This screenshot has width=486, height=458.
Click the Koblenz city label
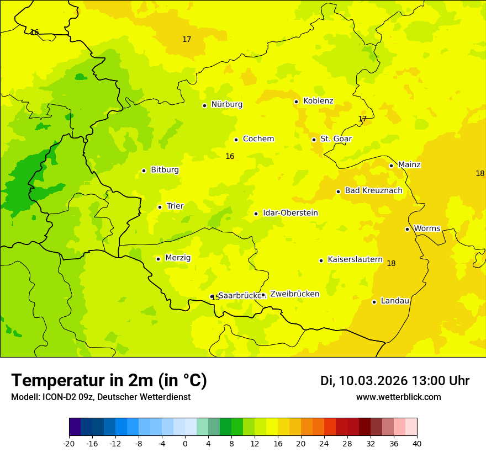point(318,101)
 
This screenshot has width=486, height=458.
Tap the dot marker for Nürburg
point(204,105)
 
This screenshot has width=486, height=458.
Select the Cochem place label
point(258,139)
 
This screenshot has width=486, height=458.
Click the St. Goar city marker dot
point(314,140)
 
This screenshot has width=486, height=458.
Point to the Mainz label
point(409,165)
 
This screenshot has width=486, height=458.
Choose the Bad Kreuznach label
point(373,191)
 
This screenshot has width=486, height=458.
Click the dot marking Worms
point(407,229)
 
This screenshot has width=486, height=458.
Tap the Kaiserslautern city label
point(355,259)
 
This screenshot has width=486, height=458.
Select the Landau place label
point(395,301)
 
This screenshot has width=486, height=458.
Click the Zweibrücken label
point(294,294)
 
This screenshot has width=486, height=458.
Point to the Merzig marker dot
point(158,259)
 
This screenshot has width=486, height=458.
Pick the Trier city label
point(175,206)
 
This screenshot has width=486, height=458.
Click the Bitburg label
point(165,170)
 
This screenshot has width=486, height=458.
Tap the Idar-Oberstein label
point(290,213)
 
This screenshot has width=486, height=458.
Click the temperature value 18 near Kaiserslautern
point(391,264)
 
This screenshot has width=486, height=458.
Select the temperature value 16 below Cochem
point(230,157)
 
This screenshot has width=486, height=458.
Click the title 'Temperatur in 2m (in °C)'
point(109,381)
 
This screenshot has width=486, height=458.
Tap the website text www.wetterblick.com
point(398,397)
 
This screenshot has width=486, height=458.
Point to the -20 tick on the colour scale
point(69,443)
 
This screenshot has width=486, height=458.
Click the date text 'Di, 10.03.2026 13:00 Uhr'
point(395,381)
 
